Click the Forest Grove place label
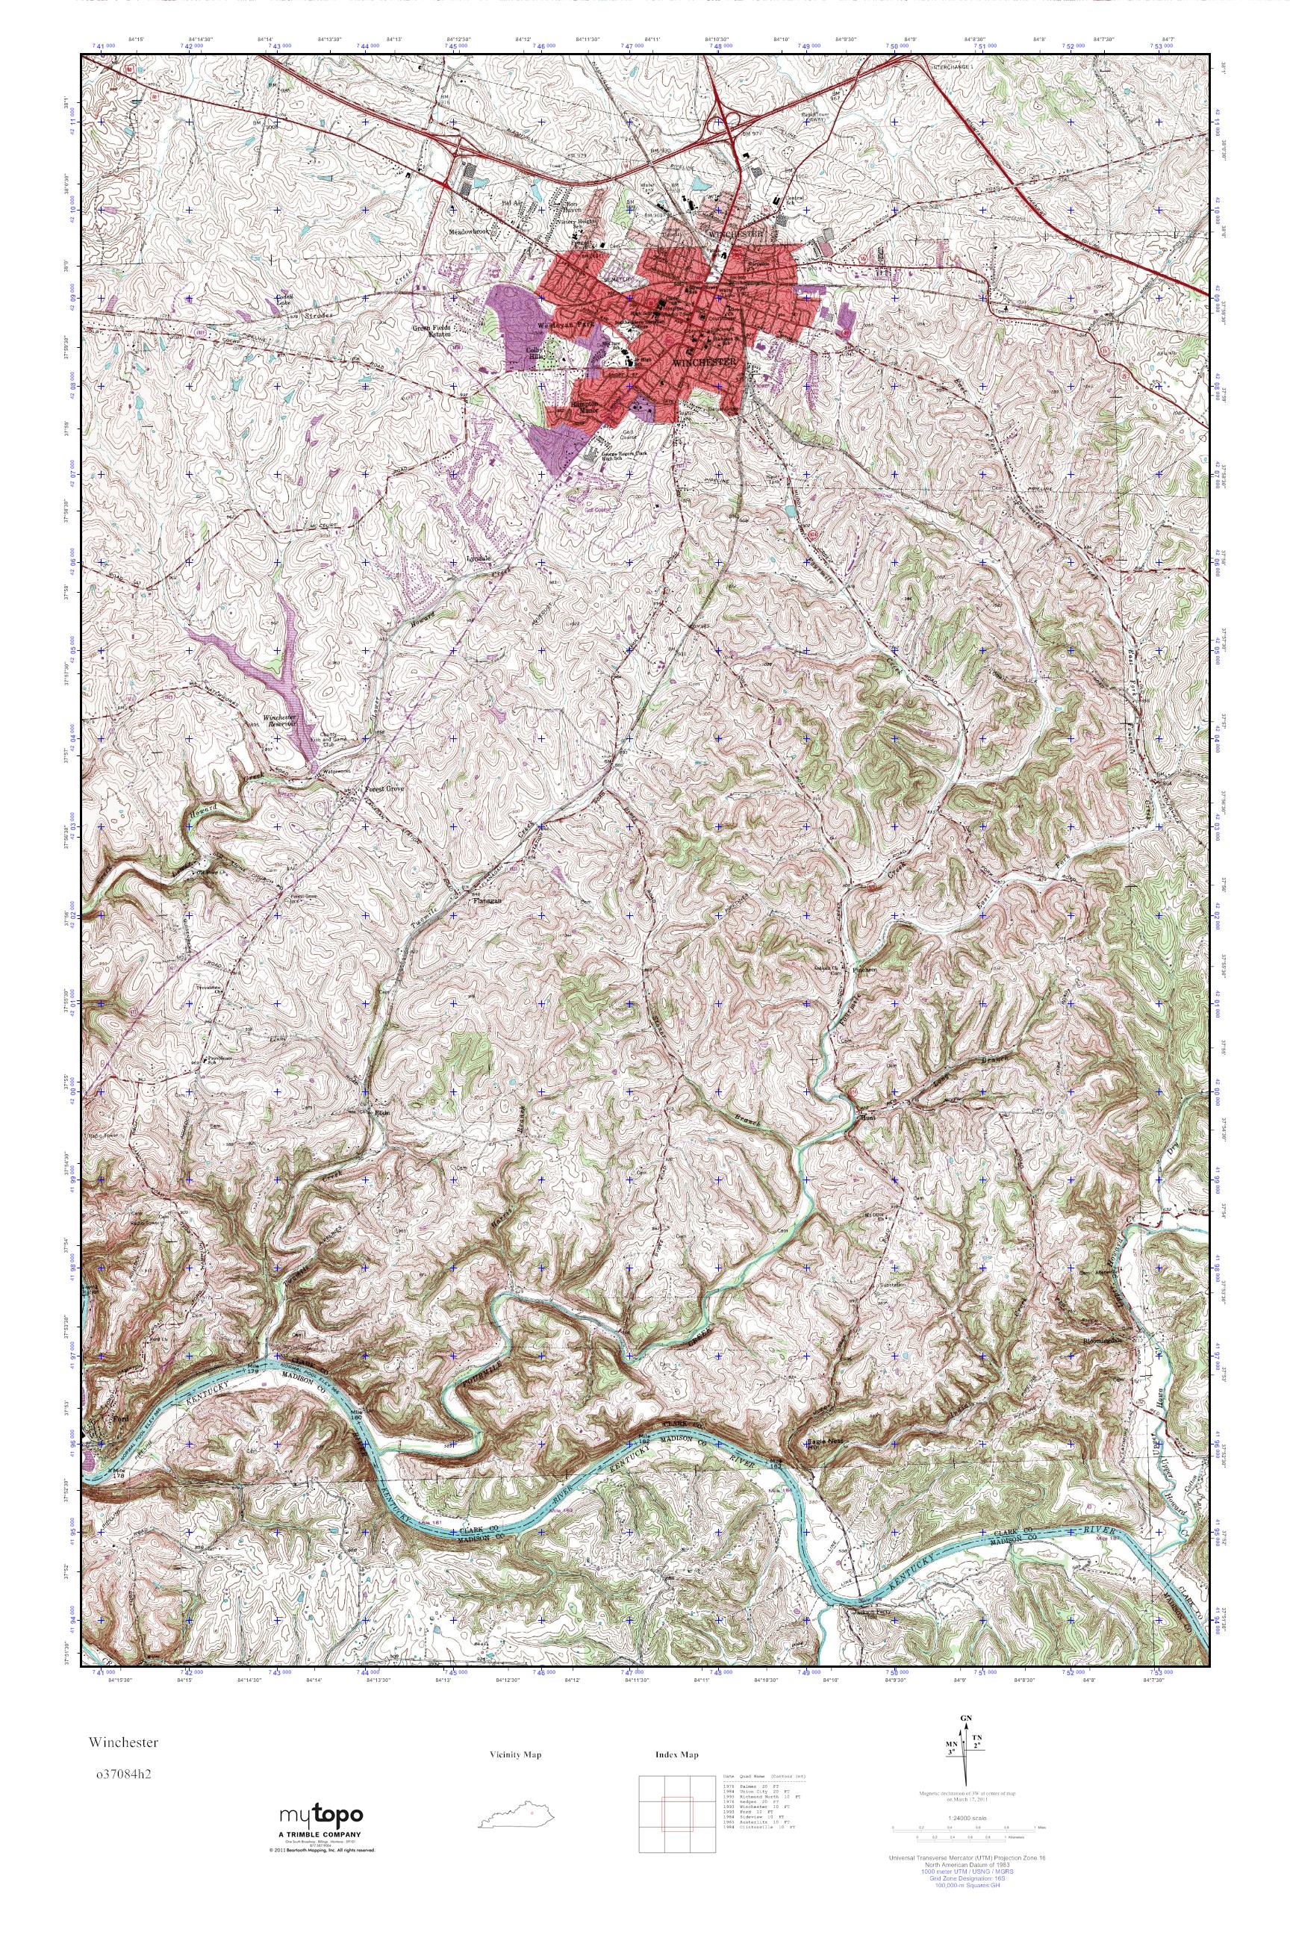[x=384, y=788]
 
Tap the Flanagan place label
[x=485, y=900]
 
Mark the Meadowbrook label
[x=470, y=232]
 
